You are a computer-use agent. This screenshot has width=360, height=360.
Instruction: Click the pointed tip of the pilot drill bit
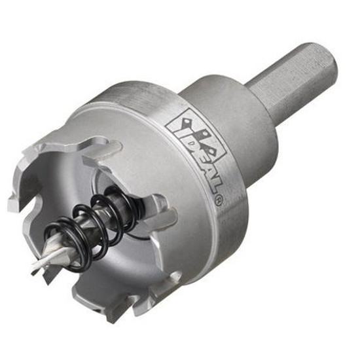[x=32, y=273]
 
